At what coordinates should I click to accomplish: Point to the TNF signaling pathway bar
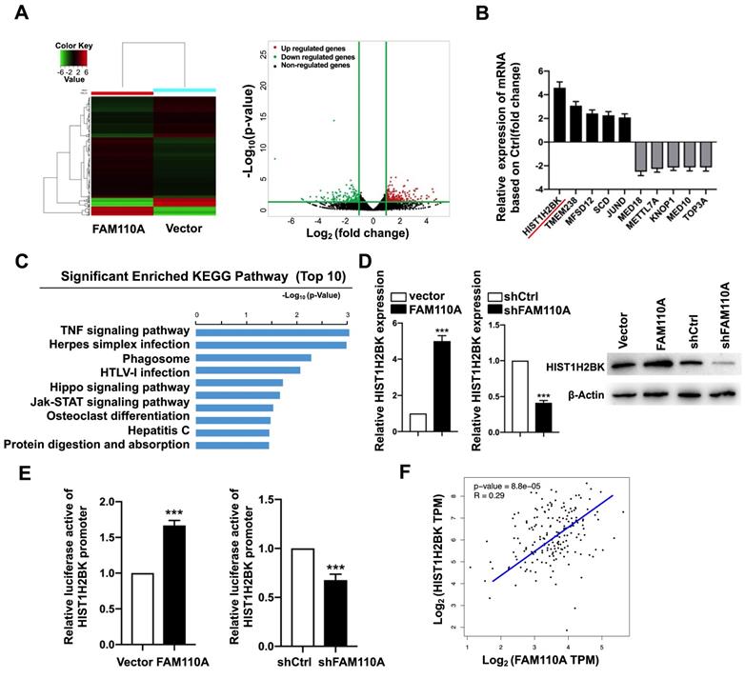(272, 331)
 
